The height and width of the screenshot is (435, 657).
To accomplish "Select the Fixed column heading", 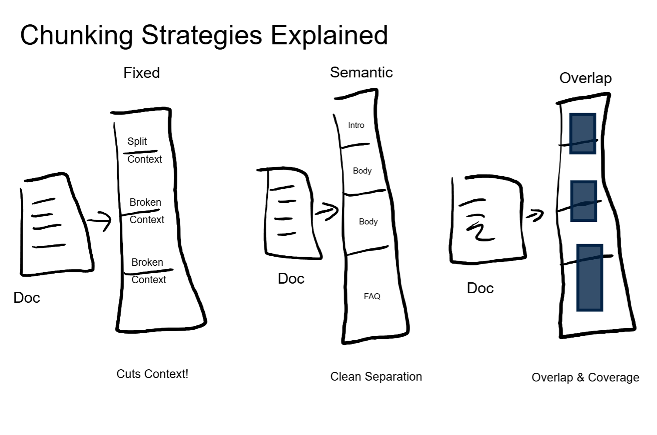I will tap(142, 73).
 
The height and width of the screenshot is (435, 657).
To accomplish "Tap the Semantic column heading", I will tap(361, 72).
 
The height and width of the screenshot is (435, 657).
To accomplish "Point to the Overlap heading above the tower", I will tap(585, 78).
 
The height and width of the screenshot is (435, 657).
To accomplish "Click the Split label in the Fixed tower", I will tap(137, 141).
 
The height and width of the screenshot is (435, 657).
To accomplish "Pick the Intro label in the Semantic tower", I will tap(356, 125).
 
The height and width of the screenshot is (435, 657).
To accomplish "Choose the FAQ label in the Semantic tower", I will tap(372, 297).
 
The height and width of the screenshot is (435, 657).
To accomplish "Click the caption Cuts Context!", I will tap(152, 374).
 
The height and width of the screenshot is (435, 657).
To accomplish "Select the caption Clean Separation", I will tap(376, 377).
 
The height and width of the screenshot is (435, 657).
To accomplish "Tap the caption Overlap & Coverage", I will tap(585, 378).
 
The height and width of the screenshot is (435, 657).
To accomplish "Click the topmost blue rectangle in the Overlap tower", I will tap(583, 133).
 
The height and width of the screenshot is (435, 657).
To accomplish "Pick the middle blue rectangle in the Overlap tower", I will tap(583, 201).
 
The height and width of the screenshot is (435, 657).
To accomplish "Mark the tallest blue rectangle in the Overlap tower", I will tap(590, 278).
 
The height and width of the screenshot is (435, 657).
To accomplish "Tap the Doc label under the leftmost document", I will tap(27, 298).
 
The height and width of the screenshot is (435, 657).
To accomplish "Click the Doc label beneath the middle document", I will tap(291, 279).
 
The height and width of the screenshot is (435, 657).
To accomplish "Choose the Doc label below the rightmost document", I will tap(480, 288).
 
